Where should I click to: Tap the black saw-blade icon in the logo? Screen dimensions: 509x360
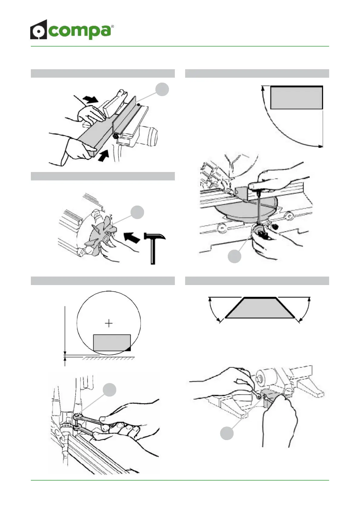tap(38, 30)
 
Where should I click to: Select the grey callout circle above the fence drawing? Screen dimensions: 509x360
tap(162, 89)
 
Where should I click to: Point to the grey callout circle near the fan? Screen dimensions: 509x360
tap(137, 212)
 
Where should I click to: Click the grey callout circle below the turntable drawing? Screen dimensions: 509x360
tap(234, 256)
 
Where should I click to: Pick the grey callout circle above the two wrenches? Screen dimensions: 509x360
tap(109, 390)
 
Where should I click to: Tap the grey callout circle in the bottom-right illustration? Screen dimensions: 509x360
tap(227, 433)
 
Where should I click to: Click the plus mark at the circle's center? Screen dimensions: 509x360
tap(109, 323)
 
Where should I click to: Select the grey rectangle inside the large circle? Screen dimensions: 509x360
tap(112, 343)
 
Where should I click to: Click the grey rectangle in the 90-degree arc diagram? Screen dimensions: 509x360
tap(296, 98)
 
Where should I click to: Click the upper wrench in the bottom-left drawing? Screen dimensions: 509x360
tap(91, 420)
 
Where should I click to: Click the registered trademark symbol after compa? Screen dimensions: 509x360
tap(113, 27)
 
